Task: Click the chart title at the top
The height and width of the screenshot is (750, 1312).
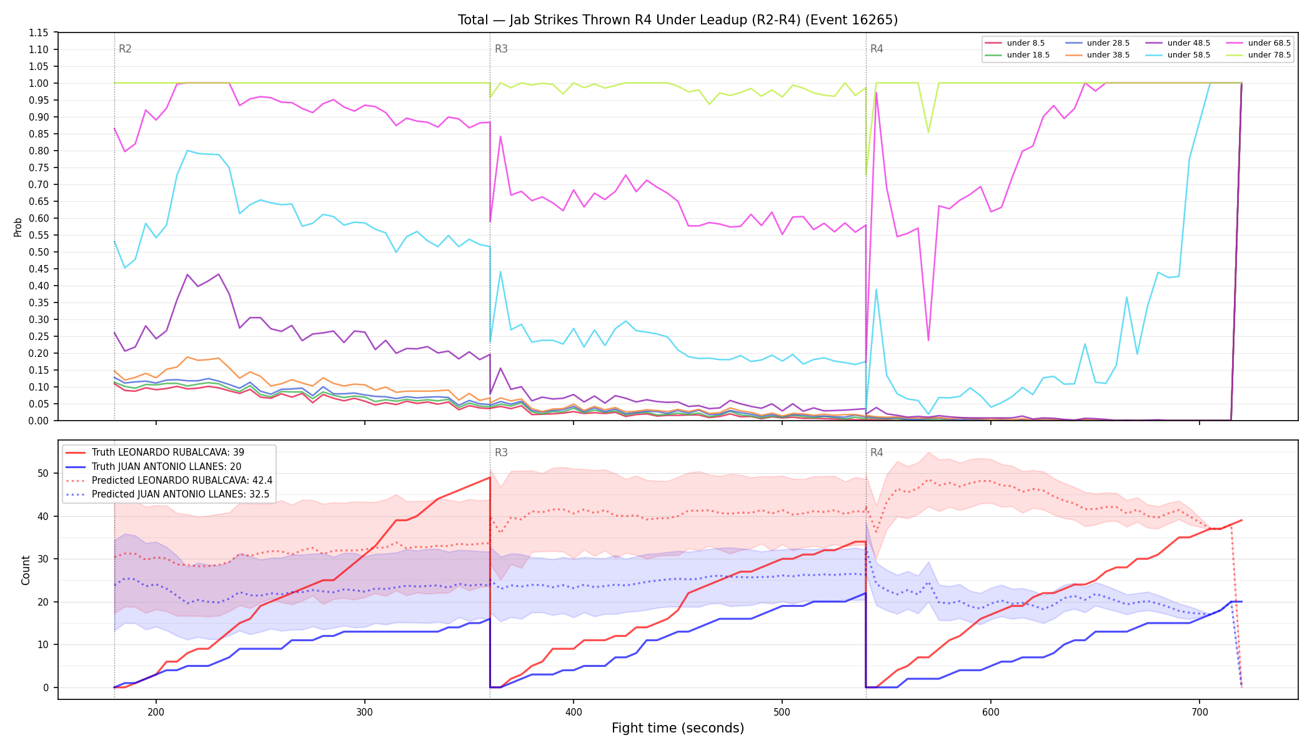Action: click(x=678, y=20)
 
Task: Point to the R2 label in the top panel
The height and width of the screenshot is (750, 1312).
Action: click(x=125, y=49)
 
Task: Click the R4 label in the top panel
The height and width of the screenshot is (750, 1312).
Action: click(x=877, y=49)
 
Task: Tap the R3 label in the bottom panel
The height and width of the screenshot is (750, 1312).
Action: click(x=501, y=452)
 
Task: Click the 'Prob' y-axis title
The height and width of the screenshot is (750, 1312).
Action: click(x=18, y=227)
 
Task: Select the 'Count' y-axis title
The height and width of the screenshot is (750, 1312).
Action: click(x=26, y=570)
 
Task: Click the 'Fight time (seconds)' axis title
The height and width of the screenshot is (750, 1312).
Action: click(x=678, y=728)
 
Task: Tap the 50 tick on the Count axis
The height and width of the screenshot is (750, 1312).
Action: click(x=43, y=473)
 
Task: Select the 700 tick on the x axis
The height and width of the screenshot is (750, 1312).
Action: click(x=1200, y=711)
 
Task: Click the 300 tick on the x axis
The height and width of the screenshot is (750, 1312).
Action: click(x=364, y=711)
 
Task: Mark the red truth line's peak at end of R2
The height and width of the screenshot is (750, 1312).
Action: click(x=490, y=477)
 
